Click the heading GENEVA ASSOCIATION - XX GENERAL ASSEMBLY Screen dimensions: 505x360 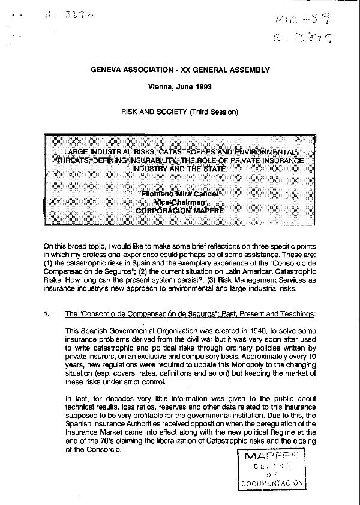click(x=180, y=70)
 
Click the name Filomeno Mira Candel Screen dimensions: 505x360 click(x=179, y=195)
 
